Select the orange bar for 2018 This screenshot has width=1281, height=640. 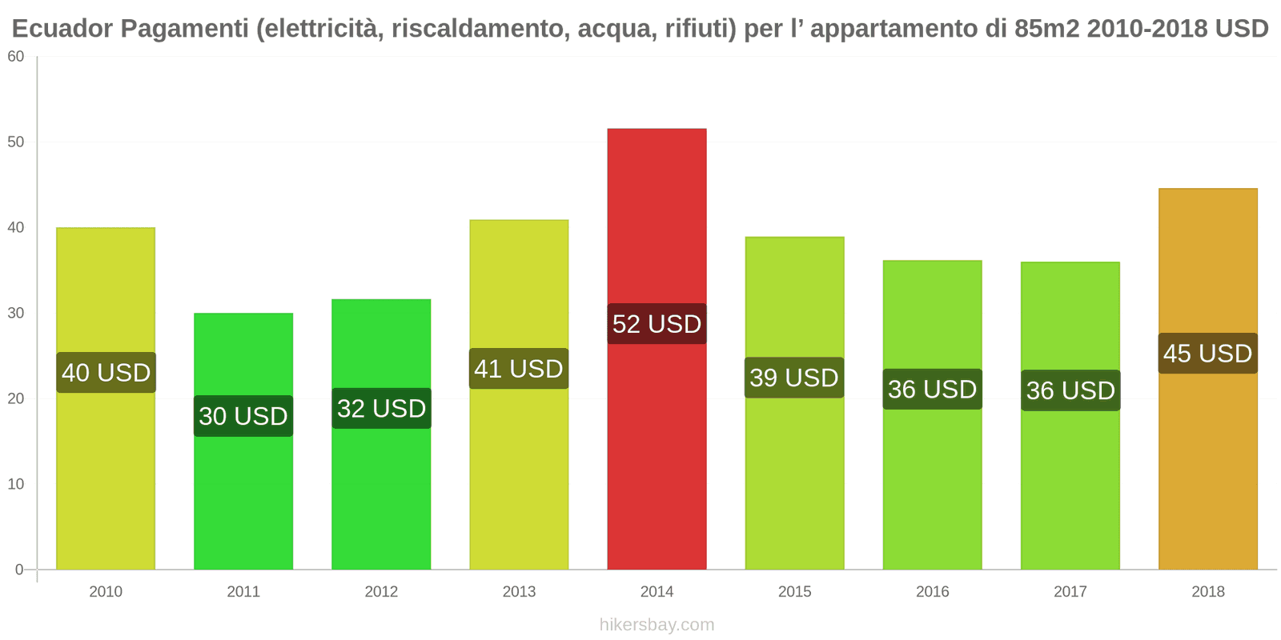pos(1207,464)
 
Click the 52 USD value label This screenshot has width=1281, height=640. pos(657,324)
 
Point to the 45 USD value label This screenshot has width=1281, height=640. pos(1207,354)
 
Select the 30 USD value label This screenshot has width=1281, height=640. pos(243,416)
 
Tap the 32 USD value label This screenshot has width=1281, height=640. pos(381,409)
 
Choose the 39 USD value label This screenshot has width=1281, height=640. pos(794,378)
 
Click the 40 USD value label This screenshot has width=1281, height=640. pos(106,373)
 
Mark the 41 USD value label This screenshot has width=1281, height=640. pos(519,369)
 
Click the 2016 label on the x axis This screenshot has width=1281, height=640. pos(932,592)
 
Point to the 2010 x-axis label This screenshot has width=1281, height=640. pos(106,592)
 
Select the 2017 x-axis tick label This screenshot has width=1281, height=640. pos(1070,592)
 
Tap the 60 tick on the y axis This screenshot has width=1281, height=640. pos(16,57)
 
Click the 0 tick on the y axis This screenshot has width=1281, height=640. pos(19,570)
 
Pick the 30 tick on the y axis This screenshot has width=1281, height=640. pos(16,313)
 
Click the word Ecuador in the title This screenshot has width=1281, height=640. pos(62,29)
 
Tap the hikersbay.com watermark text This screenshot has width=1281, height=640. pos(657,625)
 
